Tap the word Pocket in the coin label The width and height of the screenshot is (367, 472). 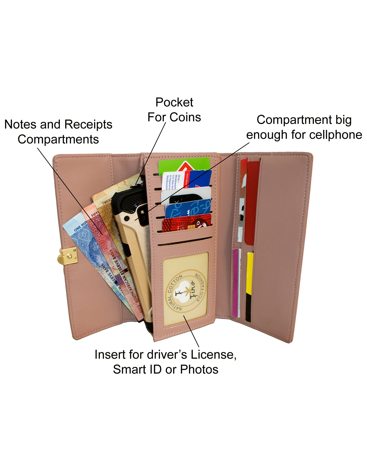174,102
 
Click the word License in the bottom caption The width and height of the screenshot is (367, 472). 213,355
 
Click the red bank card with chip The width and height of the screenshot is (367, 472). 187,223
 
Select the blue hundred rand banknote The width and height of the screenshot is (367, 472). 87,244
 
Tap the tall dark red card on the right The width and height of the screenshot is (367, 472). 252,202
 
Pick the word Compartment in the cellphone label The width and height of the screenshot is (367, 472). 294,120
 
